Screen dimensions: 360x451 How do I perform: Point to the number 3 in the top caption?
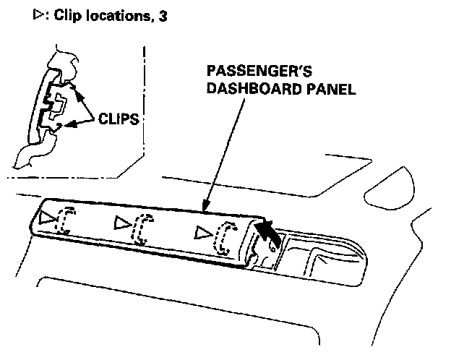(163, 15)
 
